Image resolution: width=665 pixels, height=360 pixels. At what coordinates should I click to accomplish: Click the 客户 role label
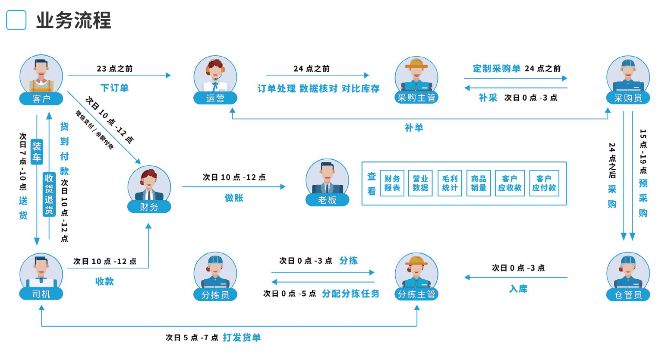[x=41, y=99]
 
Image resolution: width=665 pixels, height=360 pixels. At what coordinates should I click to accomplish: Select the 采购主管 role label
[x=416, y=98]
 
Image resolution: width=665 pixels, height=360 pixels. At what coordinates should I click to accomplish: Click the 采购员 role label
[x=628, y=98]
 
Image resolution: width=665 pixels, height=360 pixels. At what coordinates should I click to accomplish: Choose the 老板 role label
[x=327, y=200]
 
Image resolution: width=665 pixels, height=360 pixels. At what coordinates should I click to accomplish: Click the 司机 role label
[x=41, y=294]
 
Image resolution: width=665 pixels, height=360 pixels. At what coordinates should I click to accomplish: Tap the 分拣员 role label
[x=215, y=294]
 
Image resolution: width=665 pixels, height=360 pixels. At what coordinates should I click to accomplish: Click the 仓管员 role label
[x=628, y=294]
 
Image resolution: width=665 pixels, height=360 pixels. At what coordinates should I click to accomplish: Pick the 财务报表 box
[x=392, y=183]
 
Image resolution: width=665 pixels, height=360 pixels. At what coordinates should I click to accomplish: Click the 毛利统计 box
[x=450, y=183]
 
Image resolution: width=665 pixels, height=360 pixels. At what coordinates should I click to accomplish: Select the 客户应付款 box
[x=544, y=183]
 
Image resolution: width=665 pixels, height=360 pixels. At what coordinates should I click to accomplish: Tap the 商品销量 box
[x=479, y=183]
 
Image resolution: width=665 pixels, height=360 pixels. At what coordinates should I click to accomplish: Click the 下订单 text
[x=114, y=88]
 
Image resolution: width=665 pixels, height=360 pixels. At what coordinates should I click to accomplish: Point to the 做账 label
[x=234, y=198]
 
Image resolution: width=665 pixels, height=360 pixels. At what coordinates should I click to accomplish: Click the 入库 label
[x=518, y=289]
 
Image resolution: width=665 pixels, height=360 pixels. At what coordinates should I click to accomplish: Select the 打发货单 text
[x=242, y=338]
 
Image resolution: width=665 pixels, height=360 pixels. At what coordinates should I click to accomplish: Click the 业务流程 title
[x=73, y=20]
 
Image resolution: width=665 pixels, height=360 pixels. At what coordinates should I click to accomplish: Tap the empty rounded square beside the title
[x=16, y=20]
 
